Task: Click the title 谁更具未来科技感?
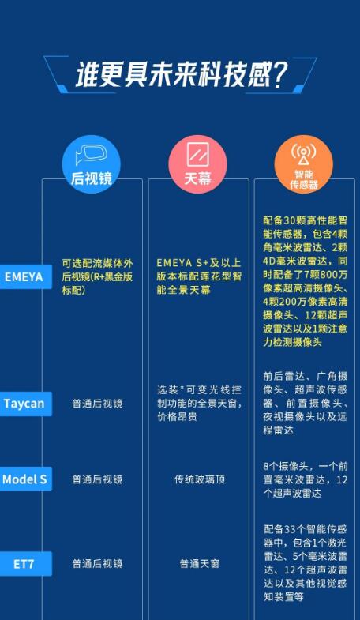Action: tap(180, 74)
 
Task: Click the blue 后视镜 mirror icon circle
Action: tap(92, 164)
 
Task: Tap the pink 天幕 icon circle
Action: tap(197, 164)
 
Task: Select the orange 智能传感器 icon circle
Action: tap(304, 164)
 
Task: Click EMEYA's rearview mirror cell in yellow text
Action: tap(97, 276)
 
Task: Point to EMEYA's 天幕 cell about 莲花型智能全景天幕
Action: tap(199, 276)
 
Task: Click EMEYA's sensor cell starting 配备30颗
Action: tap(305, 281)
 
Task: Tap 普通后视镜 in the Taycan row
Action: tap(97, 404)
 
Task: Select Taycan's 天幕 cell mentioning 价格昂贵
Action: tap(199, 404)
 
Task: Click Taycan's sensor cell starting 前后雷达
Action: tap(305, 403)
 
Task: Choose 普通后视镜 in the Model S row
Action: tap(97, 479)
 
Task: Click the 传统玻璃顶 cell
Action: tap(199, 479)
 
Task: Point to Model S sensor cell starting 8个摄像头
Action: tap(305, 479)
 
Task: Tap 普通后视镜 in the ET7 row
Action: tap(97, 563)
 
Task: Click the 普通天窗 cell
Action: tap(199, 563)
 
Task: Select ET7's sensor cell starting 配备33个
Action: tap(305, 562)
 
